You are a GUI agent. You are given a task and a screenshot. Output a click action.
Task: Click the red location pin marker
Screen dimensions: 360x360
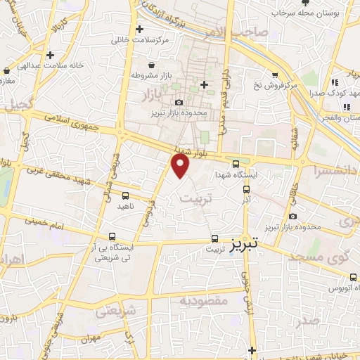pyautogui.click(x=181, y=165)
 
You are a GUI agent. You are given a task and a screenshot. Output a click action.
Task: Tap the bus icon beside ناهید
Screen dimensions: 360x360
pyautogui.click(x=125, y=195)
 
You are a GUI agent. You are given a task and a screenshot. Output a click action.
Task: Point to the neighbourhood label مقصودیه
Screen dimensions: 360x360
pyautogui.click(x=204, y=301)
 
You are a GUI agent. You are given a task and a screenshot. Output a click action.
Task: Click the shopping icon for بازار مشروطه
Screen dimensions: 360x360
pyautogui.click(x=134, y=73)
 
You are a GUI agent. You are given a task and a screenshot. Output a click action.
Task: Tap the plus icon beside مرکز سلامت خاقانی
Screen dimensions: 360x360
pyautogui.click(x=140, y=30)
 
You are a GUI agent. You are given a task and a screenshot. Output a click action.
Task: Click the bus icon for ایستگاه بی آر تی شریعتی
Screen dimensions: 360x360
pyautogui.click(x=112, y=237)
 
